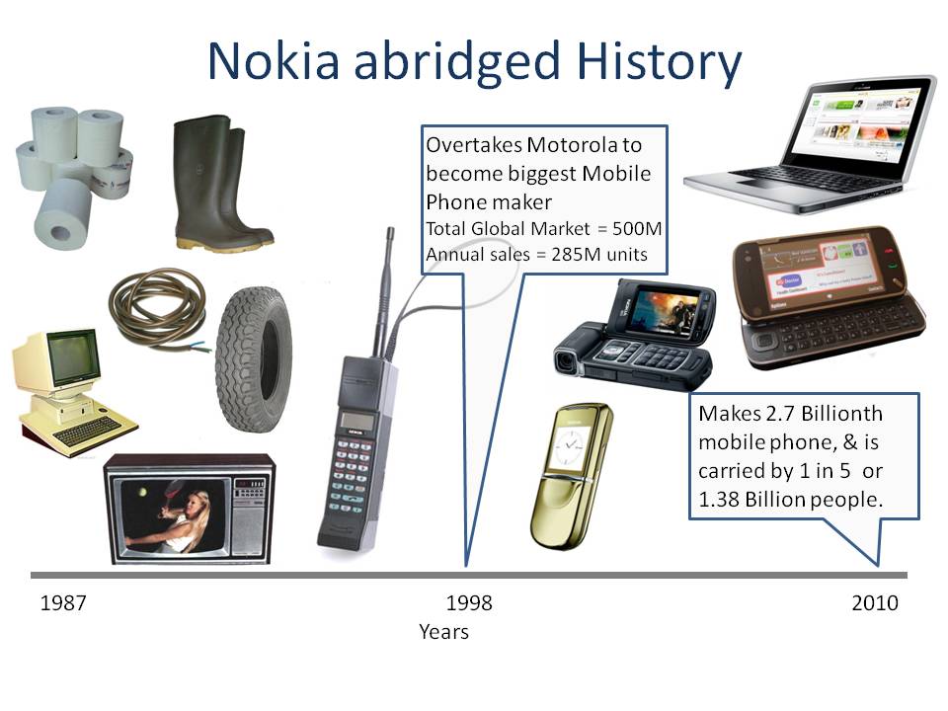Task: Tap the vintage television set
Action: [x=189, y=510]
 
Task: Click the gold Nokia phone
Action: [x=571, y=473]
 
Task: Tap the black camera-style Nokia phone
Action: [x=636, y=332]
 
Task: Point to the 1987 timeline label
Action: [x=63, y=603]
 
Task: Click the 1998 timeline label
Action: [x=469, y=603]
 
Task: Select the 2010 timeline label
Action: [x=875, y=603]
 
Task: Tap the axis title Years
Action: [x=443, y=632]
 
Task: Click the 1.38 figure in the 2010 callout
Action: [x=719, y=500]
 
